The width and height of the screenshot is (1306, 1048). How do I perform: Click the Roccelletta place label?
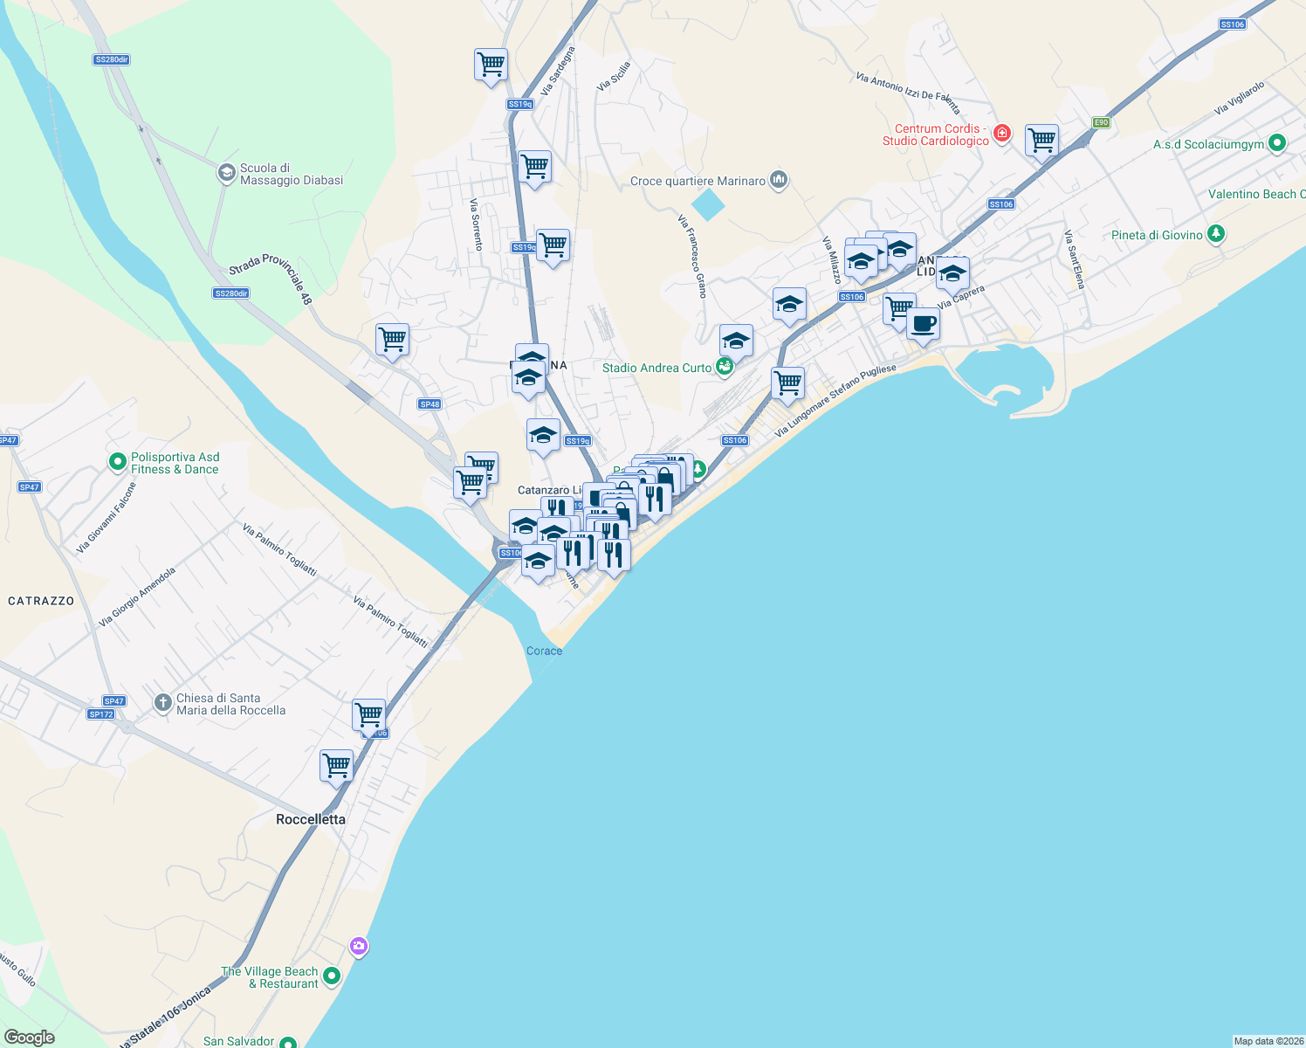(311, 819)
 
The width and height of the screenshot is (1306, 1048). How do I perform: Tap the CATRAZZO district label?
(41, 601)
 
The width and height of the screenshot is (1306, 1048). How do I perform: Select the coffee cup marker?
(923, 325)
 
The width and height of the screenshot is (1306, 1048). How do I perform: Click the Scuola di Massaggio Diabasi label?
(291, 174)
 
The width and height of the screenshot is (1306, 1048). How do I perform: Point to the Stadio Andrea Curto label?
(656, 368)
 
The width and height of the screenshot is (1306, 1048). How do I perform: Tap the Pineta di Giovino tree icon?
(1216, 234)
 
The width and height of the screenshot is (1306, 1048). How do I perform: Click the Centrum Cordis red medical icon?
(1002, 134)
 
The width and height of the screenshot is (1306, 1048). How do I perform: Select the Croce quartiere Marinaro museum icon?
(779, 181)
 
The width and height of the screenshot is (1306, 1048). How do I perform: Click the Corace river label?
(544, 651)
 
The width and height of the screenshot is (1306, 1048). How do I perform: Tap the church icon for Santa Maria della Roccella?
(162, 703)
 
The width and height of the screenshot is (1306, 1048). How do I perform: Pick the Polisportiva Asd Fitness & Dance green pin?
(118, 462)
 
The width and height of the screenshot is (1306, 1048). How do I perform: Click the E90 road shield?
(1101, 122)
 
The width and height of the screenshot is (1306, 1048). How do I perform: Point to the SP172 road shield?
(101, 714)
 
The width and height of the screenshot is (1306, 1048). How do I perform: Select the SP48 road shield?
(430, 404)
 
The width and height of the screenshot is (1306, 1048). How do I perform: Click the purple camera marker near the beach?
(358, 946)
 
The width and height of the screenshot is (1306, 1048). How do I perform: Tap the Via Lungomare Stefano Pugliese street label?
(835, 401)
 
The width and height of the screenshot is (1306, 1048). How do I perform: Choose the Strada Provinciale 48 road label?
(271, 279)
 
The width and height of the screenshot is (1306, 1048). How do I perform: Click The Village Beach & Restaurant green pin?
(331, 976)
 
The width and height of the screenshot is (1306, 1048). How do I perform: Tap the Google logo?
(30, 1038)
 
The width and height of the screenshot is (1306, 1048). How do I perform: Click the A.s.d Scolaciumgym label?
(1208, 144)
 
